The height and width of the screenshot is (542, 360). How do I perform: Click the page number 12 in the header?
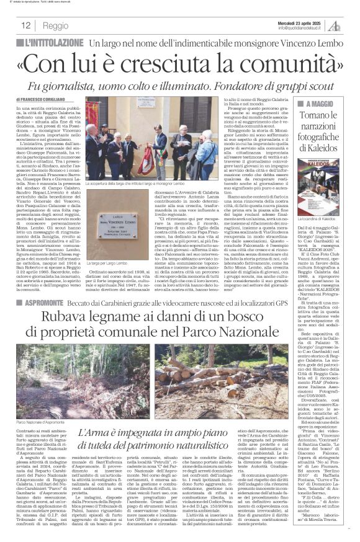point(25,25)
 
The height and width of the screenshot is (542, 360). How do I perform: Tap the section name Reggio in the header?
point(56,26)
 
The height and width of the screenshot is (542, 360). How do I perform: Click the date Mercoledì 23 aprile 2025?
point(298,22)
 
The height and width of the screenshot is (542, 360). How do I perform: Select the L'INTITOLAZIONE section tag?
point(52,43)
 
